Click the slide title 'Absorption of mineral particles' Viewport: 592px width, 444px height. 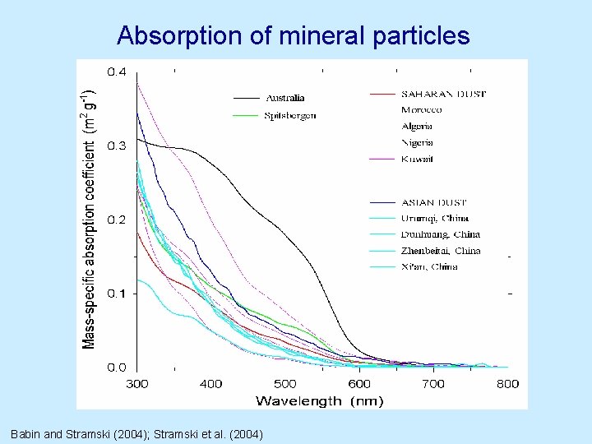(294, 35)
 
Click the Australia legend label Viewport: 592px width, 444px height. (284, 98)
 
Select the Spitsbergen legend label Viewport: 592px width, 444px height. (290, 116)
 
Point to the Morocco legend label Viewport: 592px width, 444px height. (421, 109)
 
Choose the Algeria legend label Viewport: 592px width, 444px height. (417, 126)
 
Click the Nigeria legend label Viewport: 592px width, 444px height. (417, 142)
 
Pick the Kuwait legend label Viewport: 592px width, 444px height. (417, 159)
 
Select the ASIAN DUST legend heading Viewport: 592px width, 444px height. (434, 201)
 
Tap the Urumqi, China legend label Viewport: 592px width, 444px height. (435, 218)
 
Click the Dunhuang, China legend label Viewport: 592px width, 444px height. (440, 234)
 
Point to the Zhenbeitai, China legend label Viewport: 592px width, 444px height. (441, 251)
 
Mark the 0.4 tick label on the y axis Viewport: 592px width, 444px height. (117, 72)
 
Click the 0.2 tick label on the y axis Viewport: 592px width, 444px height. (117, 220)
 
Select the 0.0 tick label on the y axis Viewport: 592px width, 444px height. (117, 367)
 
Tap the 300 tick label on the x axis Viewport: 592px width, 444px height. (136, 383)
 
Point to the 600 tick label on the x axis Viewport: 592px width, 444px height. (359, 383)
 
